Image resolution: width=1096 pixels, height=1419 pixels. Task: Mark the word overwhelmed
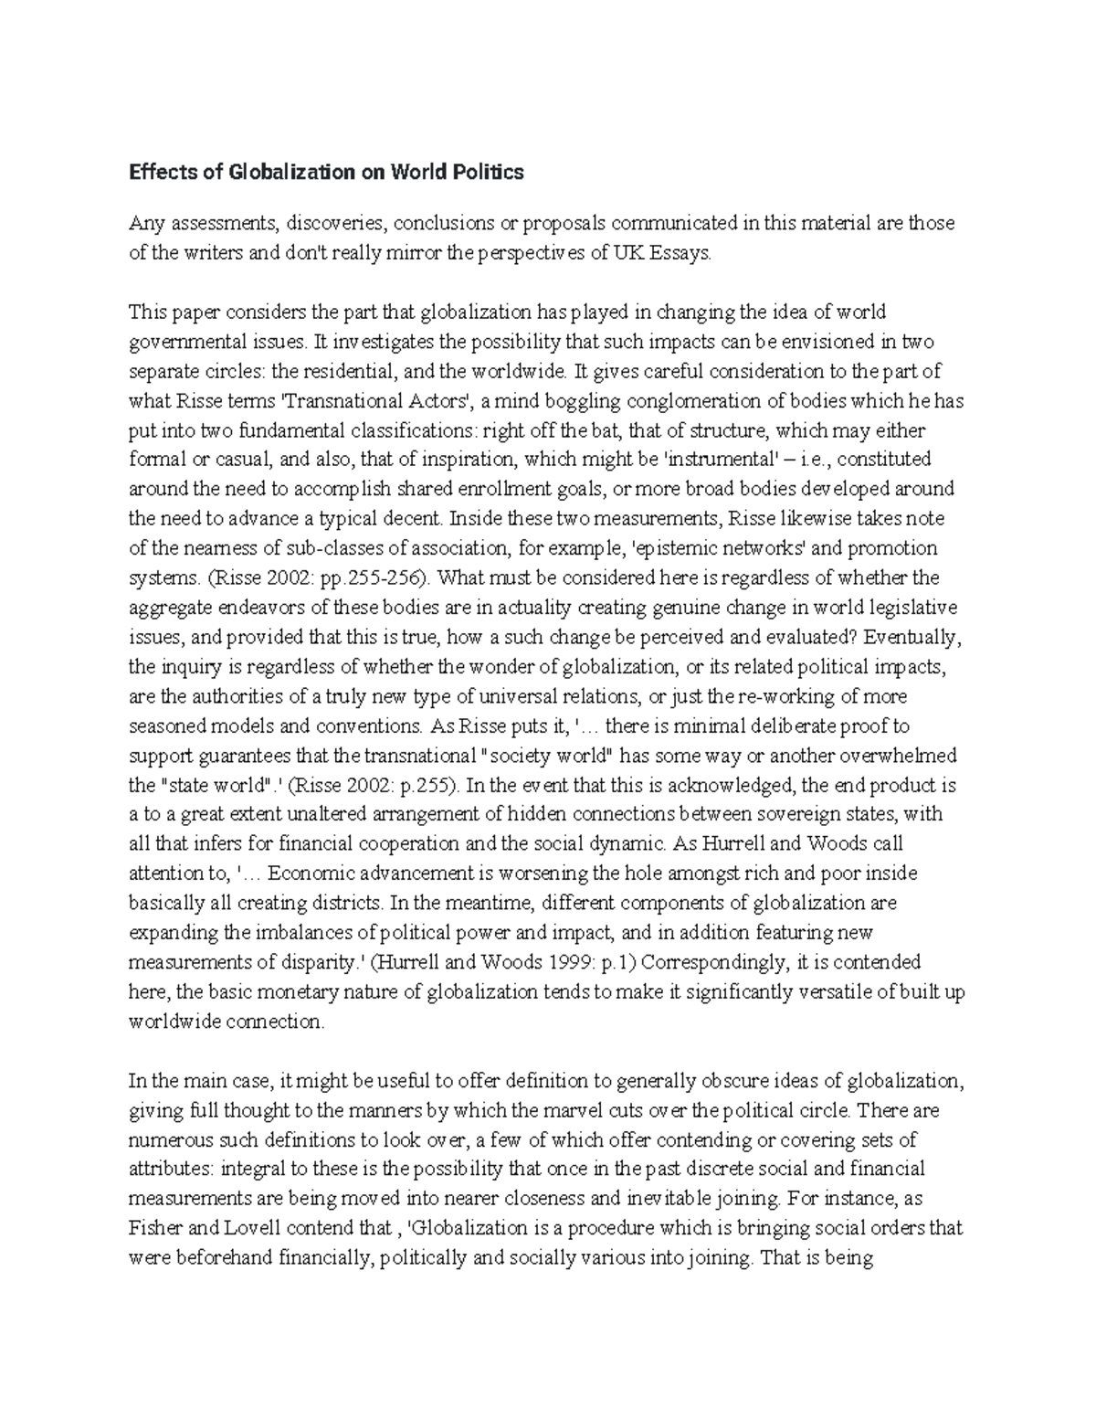(901, 756)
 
